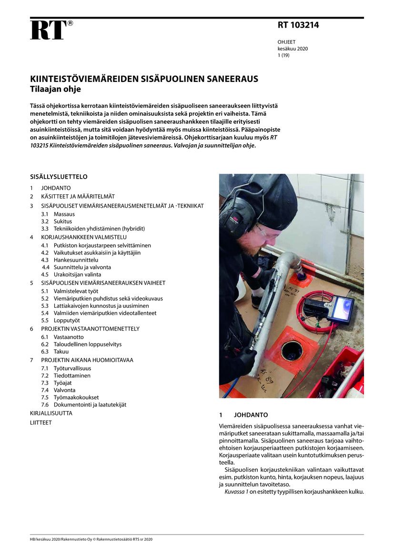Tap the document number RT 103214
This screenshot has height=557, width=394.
[298, 26]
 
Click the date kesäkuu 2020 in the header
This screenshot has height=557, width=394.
[293, 49]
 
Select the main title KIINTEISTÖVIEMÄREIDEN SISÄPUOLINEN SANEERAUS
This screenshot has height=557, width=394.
[144, 79]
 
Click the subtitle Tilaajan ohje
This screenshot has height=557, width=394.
[55, 89]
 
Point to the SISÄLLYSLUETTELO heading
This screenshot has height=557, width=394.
[59, 177]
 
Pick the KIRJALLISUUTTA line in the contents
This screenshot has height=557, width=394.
[51, 414]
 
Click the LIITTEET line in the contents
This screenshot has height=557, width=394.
[40, 423]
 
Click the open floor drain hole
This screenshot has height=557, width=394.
[292, 351]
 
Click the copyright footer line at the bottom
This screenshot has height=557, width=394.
[91, 539]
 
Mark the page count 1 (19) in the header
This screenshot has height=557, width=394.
[283, 55]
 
